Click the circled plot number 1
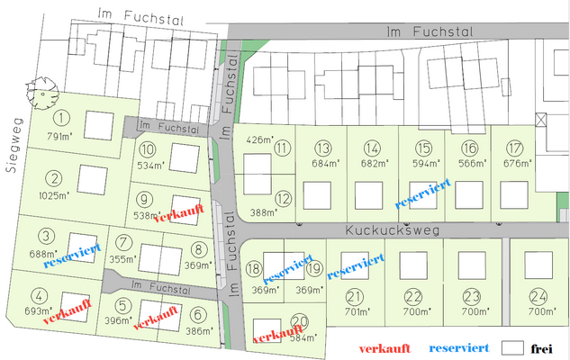61,117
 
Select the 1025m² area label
55,194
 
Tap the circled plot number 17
515,148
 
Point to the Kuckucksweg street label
392,231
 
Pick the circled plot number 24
538,296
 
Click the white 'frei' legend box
512,346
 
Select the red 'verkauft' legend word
386,347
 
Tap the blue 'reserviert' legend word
459,347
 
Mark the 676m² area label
517,164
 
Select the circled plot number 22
413,296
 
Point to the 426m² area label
259,139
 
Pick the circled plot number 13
322,148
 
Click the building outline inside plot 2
92,179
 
